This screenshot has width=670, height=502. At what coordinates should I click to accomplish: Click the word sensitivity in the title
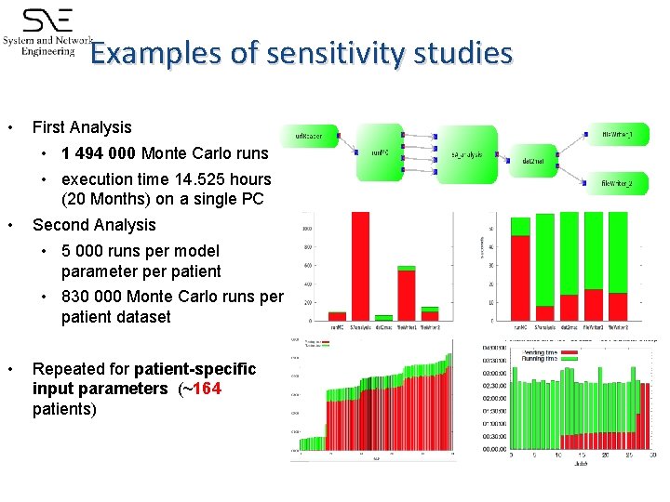tap(330, 53)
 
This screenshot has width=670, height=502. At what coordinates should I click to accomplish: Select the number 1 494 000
tap(99, 153)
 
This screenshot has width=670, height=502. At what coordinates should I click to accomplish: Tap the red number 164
tap(207, 389)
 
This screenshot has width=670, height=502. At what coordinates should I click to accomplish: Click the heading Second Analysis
tap(94, 224)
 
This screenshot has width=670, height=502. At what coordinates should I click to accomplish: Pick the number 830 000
tap(91, 296)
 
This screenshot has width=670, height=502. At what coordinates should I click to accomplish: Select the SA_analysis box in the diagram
tap(465, 154)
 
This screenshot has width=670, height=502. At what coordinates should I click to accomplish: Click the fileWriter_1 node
tap(617, 136)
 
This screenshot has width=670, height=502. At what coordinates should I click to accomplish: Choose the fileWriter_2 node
tap(617, 185)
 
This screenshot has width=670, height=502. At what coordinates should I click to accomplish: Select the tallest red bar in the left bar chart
tap(359, 266)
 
